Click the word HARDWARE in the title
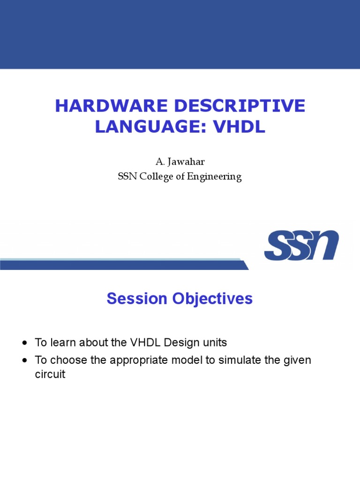point(112,106)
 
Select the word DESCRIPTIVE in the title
point(240,106)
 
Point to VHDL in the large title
point(239,127)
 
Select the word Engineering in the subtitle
point(214,177)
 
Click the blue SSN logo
point(301,245)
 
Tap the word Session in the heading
point(137,299)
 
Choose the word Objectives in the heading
point(212,299)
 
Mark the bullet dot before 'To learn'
point(25,343)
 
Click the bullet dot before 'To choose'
point(25,360)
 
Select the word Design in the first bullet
point(178,343)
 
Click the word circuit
point(50,374)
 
